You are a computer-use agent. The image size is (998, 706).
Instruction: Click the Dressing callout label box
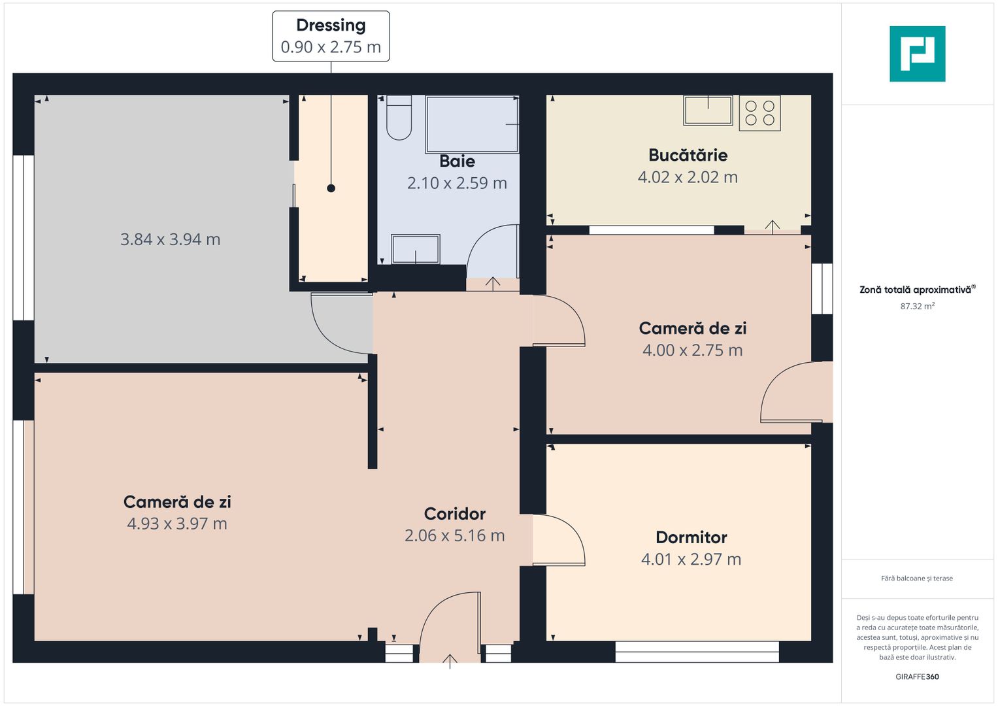[x=331, y=36]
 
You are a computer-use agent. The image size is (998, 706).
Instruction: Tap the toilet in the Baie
[x=399, y=118]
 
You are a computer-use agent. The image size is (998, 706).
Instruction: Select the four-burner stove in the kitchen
[x=759, y=112]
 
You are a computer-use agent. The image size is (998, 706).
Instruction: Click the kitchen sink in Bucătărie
[x=708, y=110]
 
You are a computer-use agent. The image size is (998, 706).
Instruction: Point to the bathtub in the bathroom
[x=473, y=124]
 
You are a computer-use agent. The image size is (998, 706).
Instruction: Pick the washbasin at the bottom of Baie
[x=415, y=249]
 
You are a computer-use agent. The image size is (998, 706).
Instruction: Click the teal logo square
[x=918, y=54]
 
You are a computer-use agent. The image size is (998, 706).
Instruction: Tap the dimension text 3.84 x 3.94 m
[x=170, y=239]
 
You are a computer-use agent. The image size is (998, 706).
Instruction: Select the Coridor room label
[x=454, y=514]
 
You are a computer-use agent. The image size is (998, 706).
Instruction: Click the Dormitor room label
[x=691, y=537]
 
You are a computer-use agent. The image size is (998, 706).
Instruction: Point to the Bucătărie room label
[x=688, y=155]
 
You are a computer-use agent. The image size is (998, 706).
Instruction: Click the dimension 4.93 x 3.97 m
[x=177, y=523]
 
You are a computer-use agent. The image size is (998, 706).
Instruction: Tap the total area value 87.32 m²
[x=918, y=306]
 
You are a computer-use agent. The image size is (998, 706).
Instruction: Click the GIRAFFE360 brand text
[x=917, y=677]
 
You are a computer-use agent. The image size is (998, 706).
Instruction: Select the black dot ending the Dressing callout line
[x=331, y=188]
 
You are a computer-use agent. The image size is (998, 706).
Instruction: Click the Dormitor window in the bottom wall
[x=697, y=652]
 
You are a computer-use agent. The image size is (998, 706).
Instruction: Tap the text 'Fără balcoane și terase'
[x=917, y=578]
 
